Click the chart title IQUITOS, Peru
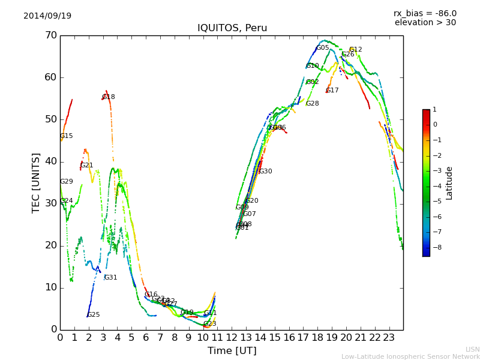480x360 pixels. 232,28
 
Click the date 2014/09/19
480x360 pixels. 47,16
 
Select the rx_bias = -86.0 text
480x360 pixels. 425,13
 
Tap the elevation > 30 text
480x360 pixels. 425,23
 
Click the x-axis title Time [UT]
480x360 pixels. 232,351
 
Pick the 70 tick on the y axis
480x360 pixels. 50,35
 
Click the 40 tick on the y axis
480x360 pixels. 50,161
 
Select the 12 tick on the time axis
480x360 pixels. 232,337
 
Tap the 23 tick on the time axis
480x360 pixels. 389,337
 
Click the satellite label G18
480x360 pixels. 109,97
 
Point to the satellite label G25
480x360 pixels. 94,315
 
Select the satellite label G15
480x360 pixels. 67,136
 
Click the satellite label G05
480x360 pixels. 323,48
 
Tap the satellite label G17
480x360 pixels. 332,91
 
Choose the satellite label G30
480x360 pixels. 266,172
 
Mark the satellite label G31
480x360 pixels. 111,278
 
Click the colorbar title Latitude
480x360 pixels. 449,183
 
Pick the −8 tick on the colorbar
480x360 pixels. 434,247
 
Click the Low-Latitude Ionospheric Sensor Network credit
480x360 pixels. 410,357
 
